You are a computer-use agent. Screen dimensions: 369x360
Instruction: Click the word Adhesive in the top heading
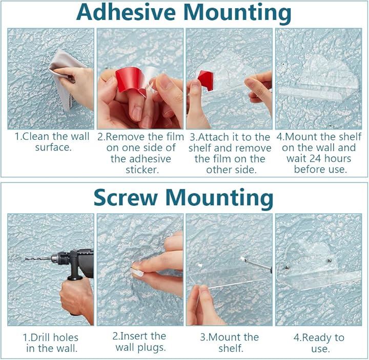(126, 12)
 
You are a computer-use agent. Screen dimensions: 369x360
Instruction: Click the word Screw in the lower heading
(126, 198)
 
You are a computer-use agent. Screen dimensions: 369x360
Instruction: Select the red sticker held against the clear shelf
(206, 80)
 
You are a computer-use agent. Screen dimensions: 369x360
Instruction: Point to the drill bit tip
(26, 259)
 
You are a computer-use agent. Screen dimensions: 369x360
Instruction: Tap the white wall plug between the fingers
(137, 272)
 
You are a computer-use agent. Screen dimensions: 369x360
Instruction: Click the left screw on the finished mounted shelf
(287, 267)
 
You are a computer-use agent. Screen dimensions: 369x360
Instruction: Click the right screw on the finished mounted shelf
(330, 261)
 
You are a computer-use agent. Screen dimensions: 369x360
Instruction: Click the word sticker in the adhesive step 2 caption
(142, 170)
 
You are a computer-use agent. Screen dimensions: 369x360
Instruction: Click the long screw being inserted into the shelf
(257, 263)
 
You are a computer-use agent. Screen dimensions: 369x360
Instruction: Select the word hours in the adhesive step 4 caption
(338, 158)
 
